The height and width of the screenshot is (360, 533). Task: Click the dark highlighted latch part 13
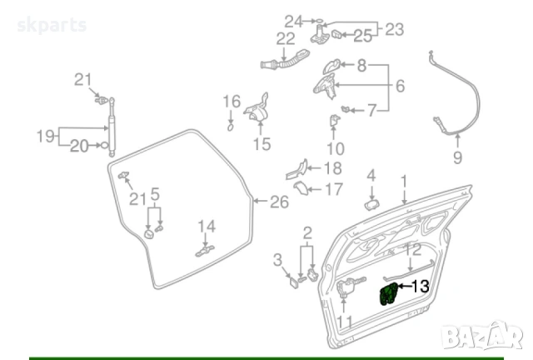point(388,294)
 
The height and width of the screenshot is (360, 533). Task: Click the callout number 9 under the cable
point(456,157)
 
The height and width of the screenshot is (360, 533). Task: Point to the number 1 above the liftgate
point(405,180)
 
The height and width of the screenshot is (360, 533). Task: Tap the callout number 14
point(206,225)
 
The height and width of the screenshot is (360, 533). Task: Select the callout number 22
point(286,39)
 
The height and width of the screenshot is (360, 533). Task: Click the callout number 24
point(293,20)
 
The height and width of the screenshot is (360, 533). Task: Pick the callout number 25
point(362,35)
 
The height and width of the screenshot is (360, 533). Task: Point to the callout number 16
point(231,102)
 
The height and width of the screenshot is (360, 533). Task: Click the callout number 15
point(262,144)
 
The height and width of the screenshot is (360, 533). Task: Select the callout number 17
point(333,189)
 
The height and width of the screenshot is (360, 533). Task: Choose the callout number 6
point(400,86)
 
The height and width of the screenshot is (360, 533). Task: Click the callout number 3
point(278,262)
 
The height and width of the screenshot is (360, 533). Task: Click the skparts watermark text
point(52,24)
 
